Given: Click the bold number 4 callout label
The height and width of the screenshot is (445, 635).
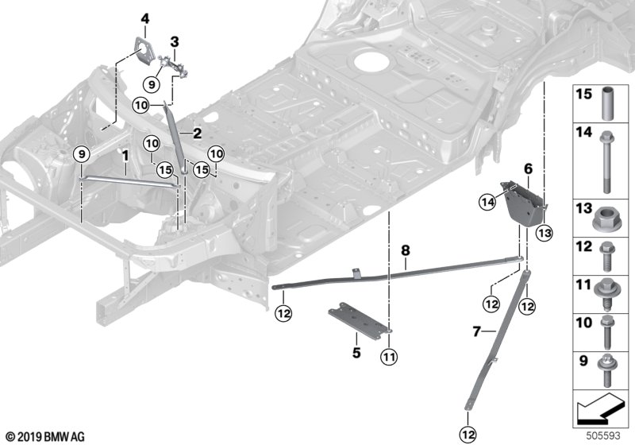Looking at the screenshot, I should (144, 18).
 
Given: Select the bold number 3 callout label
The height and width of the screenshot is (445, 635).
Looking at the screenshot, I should (174, 41).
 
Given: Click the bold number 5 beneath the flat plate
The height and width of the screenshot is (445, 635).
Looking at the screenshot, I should (356, 351).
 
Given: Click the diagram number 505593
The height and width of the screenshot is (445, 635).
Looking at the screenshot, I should (610, 435).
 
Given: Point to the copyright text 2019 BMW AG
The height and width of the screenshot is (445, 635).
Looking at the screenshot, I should (44, 436).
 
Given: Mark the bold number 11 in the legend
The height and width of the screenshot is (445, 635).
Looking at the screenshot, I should (582, 283).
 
